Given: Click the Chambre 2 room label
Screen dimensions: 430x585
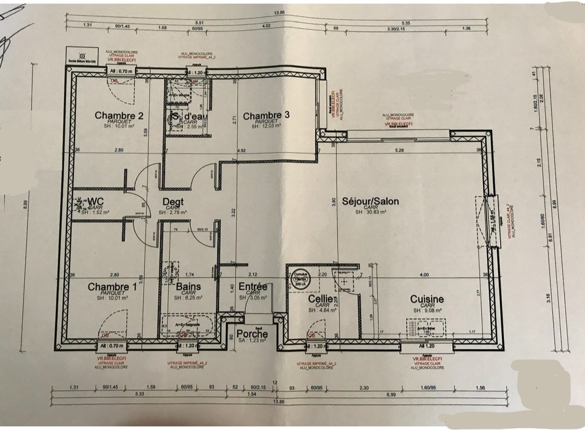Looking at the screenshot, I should pos(119,115).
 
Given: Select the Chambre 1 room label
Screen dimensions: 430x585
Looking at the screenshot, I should pos(112,287).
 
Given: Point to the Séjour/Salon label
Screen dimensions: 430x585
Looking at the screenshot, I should pos(370,201).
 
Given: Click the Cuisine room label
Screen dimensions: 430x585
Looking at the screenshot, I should pos(427,299).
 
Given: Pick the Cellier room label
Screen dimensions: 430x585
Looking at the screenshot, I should pos(321,299).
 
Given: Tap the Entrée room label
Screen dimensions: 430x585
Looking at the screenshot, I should pos(253,286).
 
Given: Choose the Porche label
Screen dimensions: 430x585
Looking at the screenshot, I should pos(252,333).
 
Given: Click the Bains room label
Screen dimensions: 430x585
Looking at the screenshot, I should pos(188,287).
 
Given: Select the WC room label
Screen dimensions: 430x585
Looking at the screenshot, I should pos(95,201).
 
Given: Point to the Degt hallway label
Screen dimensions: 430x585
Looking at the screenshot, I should pos(173,201).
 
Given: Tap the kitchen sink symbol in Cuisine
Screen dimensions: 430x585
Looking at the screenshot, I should pos(426,327).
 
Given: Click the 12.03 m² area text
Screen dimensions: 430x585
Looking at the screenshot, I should pos(266,126).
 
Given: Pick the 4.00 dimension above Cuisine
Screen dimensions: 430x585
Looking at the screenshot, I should pos(424,275).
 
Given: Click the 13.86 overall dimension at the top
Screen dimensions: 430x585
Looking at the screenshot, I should pos(279,12).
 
